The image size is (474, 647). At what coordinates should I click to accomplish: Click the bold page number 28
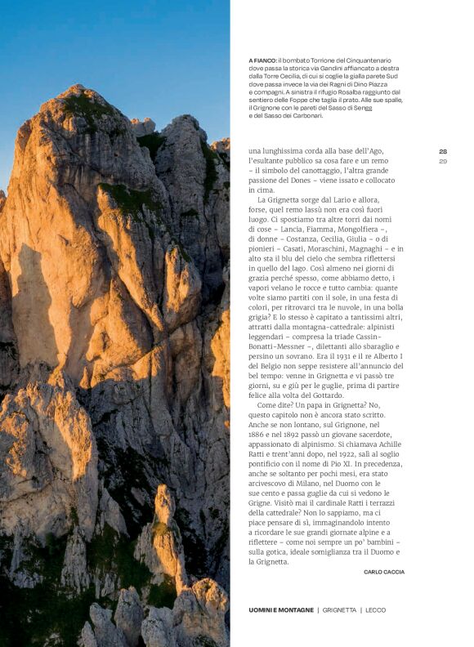443,151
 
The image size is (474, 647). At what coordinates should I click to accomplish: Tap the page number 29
443,161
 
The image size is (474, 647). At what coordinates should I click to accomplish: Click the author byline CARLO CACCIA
383,572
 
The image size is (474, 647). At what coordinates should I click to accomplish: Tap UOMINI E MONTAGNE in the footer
281,610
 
